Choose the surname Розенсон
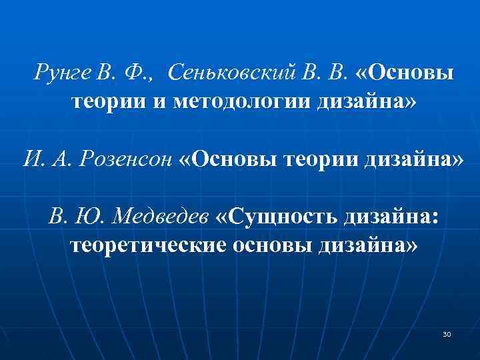tap(127, 160)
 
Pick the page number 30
tap(447, 333)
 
